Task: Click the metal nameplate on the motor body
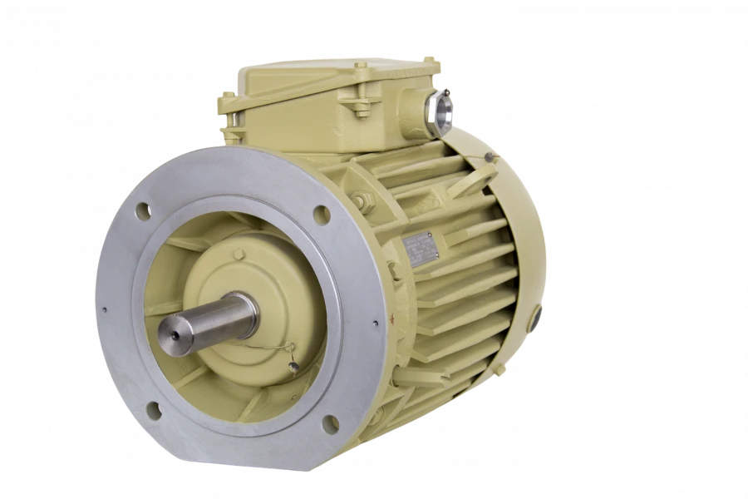421,248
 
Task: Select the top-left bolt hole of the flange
143,210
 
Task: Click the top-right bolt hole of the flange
321,215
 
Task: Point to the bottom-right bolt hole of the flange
330,423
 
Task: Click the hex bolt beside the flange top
363,200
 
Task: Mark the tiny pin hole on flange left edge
105,310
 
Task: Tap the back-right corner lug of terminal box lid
431,63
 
